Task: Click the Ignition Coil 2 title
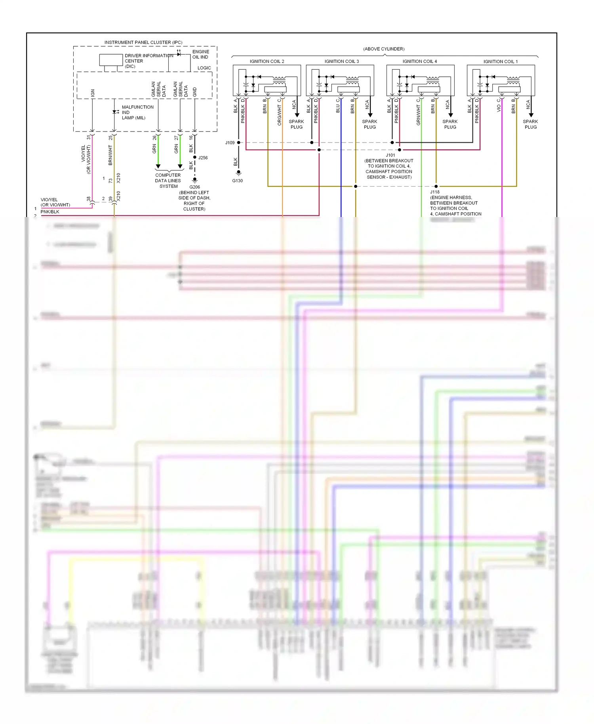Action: (267, 61)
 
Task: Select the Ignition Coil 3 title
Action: (341, 61)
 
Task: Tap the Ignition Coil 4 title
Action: (420, 61)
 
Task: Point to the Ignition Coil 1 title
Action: (501, 61)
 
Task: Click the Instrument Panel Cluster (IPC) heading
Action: (143, 42)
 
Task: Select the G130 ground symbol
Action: (238, 173)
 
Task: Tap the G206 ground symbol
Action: (194, 180)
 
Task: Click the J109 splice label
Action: (230, 143)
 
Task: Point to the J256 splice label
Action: (203, 158)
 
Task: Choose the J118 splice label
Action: (435, 192)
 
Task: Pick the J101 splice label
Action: (390, 155)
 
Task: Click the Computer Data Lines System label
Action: (168, 181)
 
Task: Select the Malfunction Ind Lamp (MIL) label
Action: (137, 112)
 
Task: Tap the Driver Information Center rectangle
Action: (111, 60)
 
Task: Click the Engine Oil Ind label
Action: (200, 54)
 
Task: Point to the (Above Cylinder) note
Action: (384, 49)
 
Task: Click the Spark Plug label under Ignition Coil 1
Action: (531, 124)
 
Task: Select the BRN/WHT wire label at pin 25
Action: (110, 155)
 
